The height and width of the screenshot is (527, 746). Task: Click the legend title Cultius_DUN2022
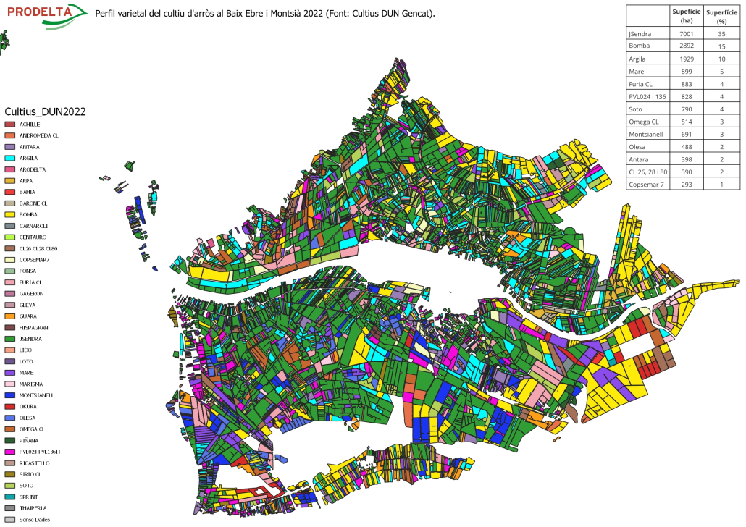pos(45,111)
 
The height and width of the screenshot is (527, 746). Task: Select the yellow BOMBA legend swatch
pos(10,214)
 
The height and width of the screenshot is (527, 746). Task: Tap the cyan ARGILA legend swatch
pos(10,158)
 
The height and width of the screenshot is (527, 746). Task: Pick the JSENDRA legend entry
pos(35,339)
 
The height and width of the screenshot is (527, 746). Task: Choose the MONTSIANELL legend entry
pos(41,395)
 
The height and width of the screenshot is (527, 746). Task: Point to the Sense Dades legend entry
pos(35,519)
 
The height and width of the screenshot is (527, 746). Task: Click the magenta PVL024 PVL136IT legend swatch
pos(10,452)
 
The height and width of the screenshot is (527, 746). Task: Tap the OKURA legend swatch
pos(10,406)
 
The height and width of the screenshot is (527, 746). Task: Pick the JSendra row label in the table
pos(640,34)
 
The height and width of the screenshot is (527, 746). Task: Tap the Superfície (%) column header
pos(721,16)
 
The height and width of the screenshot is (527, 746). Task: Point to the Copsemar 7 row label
pos(646,185)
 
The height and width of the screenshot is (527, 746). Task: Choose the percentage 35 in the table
pos(721,34)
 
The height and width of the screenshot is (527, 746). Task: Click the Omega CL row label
pos(644,122)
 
